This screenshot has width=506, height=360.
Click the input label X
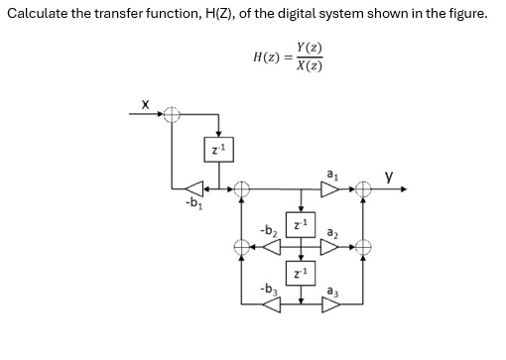[x=145, y=102]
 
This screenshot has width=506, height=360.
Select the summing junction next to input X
[x=173, y=116]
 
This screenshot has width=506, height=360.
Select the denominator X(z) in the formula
[x=309, y=66]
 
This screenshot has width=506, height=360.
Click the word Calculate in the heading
[x=39, y=15]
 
